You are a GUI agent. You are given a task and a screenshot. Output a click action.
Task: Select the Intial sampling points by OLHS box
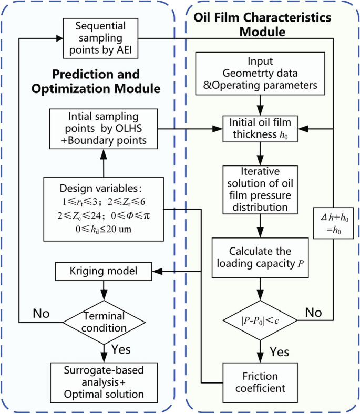coord(103,128)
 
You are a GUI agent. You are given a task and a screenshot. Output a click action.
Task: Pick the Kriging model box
coord(104,272)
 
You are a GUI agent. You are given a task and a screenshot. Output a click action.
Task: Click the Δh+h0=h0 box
coord(334,224)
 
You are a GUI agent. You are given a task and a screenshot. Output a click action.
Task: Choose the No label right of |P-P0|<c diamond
coord(315,312)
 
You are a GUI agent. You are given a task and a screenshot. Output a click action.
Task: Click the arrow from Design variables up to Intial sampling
coord(104,160)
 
